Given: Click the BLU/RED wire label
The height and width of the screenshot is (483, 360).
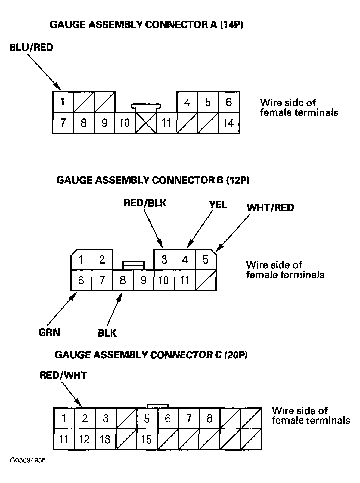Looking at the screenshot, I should click(31, 48).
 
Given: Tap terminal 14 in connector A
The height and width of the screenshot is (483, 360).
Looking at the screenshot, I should click(229, 123).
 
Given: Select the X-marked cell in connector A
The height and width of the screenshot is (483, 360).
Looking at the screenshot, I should click(146, 123).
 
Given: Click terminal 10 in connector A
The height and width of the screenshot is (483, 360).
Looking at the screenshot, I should click(125, 123).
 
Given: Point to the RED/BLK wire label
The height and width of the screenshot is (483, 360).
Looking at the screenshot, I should click(145, 203).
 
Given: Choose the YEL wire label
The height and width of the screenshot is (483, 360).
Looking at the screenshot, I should click(218, 205).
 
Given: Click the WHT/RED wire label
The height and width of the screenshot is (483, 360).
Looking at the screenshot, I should click(270, 208).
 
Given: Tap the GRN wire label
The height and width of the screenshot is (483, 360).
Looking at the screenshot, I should click(49, 333).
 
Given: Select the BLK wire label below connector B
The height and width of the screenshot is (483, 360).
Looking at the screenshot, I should click(107, 333).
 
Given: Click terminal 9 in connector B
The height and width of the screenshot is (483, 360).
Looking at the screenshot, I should click(143, 280).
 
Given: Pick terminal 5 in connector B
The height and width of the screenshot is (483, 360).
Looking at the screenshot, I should click(206, 260).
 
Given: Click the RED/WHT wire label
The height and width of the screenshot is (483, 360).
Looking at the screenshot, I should click(63, 375).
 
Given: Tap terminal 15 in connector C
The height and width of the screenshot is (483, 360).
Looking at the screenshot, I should click(147, 440).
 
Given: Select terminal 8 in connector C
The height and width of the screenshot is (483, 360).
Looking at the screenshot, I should click(209, 418).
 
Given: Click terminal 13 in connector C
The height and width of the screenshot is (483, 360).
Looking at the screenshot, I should click(105, 440).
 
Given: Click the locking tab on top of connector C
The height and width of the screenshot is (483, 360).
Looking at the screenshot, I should click(157, 406).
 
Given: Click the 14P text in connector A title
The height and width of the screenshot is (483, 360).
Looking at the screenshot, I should click(231, 25).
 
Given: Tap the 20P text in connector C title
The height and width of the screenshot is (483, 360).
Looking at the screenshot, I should click(236, 355).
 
